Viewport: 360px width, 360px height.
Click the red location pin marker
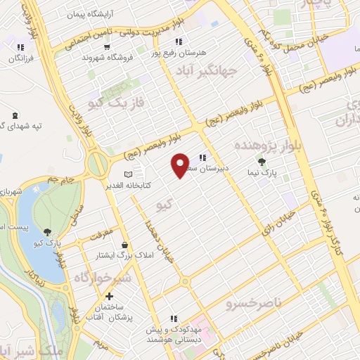click(181, 165)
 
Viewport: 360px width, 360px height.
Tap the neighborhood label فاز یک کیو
click(117, 103)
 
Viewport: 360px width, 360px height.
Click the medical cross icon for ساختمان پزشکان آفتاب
click(109, 296)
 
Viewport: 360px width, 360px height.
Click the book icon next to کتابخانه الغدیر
click(127, 174)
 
